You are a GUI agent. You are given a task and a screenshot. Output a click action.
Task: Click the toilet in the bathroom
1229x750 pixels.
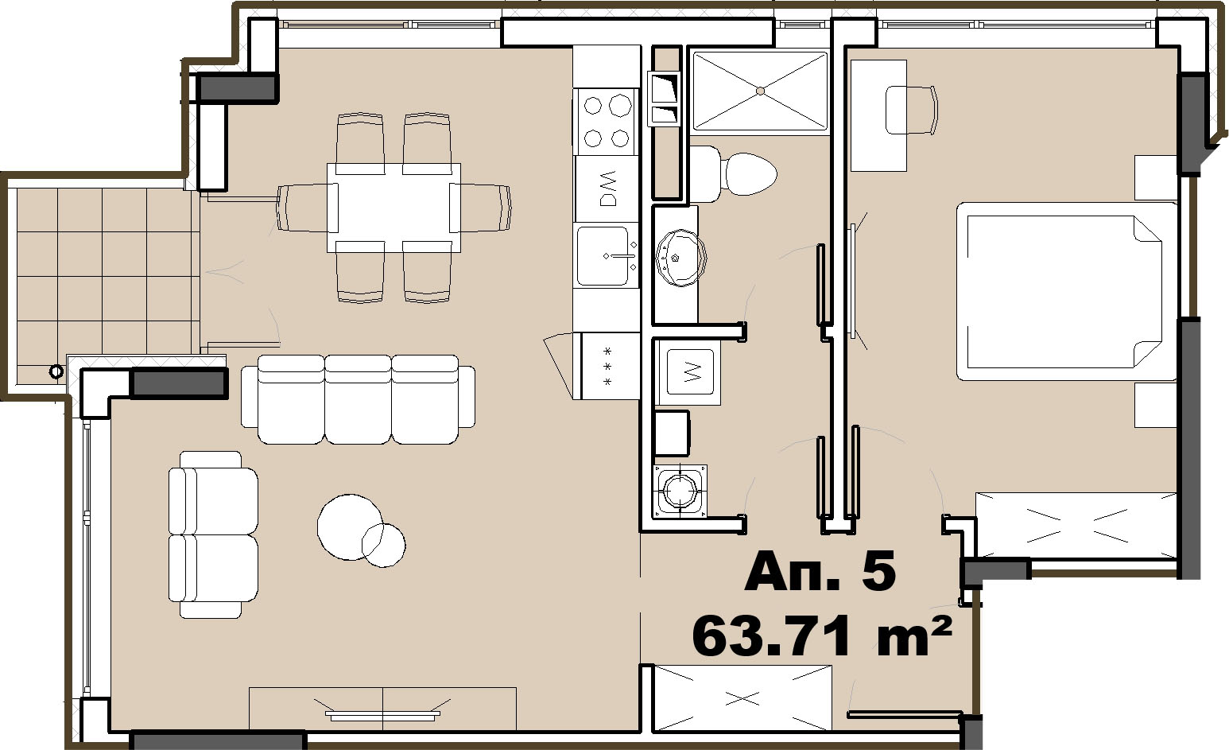733,174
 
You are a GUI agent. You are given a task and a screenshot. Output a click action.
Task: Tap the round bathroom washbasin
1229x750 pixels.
681,258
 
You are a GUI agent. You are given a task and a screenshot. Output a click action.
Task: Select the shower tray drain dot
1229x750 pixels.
760,91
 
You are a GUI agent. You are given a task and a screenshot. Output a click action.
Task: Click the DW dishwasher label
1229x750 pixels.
607,188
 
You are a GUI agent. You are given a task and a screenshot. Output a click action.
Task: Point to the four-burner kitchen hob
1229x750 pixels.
607,122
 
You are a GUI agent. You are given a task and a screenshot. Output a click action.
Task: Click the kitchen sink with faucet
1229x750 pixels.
607,255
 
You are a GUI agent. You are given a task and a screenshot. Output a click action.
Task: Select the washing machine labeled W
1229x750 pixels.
690,371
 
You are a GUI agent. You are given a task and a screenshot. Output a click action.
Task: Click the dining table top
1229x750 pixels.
394,208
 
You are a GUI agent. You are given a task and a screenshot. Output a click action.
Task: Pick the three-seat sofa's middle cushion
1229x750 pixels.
359,399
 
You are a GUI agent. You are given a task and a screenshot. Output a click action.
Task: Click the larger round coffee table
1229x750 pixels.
350,527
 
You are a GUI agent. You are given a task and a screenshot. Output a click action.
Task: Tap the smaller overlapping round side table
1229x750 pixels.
383,546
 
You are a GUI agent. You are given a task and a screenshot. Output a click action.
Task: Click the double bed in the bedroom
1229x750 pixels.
1066,291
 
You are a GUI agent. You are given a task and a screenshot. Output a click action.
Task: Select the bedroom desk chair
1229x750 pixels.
911,109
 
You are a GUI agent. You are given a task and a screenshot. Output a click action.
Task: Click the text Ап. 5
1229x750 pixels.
820,572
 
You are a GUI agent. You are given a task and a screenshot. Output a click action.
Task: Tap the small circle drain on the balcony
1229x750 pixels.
56,371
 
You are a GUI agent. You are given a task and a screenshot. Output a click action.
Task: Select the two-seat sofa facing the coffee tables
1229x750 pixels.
213,534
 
